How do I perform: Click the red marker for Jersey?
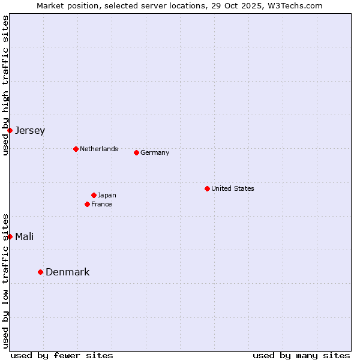[x=10, y=130]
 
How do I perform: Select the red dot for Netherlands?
[x=76, y=149]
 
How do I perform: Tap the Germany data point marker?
[x=136, y=152]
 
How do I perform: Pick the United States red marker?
[x=207, y=188]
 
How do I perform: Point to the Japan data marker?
[x=94, y=195]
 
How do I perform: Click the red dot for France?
[x=87, y=204]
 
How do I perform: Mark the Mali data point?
[x=10, y=236]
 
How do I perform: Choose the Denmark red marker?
[x=40, y=272]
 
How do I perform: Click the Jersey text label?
[x=30, y=130]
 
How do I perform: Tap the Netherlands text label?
[x=99, y=149]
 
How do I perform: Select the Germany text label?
[x=155, y=152]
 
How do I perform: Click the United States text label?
[x=233, y=188]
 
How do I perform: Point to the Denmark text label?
[x=68, y=272]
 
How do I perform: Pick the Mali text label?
[x=25, y=236]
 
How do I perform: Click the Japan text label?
[x=107, y=195]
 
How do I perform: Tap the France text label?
[x=101, y=204]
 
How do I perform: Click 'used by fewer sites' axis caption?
[x=62, y=355]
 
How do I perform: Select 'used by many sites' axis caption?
[x=301, y=355]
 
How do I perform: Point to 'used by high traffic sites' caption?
[x=5, y=85]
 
